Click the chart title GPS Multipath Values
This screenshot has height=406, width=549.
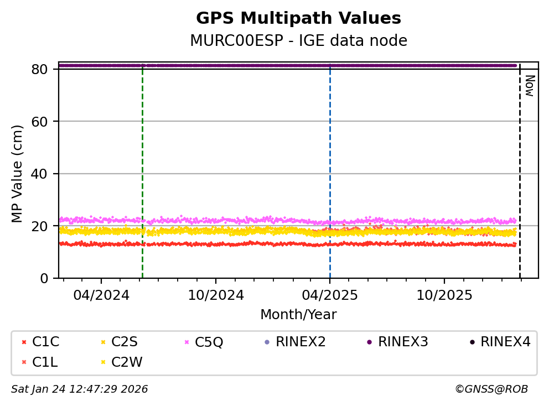pos(298,18)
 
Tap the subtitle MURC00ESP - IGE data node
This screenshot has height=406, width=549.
pos(298,41)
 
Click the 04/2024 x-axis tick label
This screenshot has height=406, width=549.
pos(101,295)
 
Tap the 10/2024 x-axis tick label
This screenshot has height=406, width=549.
pos(216,295)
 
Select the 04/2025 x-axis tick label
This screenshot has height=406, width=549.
pos(330,295)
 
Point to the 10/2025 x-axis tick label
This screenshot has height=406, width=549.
pos(444,295)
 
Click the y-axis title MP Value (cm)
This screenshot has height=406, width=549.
pos(18,174)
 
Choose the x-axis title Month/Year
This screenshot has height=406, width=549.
pos(298,315)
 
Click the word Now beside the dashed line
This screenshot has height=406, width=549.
pos(529,86)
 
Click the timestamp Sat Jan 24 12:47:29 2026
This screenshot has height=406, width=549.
pos(80,389)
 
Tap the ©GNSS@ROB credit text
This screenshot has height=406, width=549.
pos(491,389)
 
